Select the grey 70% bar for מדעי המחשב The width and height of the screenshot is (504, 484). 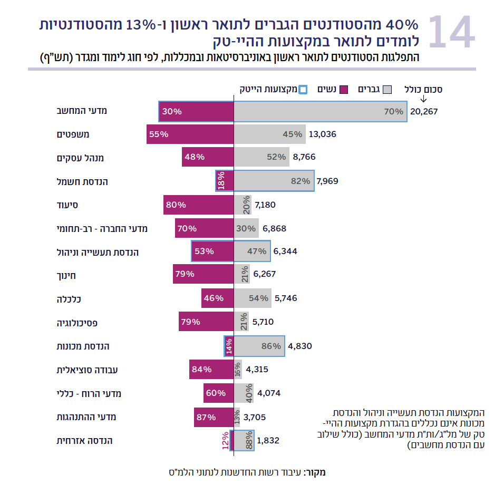[x=320, y=112]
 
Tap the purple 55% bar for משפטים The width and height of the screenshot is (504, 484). [x=190, y=134]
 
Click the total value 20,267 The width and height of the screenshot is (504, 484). [x=424, y=112]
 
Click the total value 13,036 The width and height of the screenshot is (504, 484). [x=322, y=134]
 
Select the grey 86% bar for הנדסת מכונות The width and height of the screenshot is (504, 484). [x=259, y=346]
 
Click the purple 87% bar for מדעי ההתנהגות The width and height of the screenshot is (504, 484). [x=214, y=417]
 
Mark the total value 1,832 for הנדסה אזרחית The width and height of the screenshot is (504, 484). [x=268, y=440]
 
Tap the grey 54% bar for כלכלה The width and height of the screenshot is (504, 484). [x=253, y=298]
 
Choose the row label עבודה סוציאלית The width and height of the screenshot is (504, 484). [x=87, y=370]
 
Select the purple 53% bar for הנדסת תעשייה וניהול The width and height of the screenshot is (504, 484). [x=212, y=251]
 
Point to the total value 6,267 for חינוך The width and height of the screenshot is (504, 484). [x=264, y=274]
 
